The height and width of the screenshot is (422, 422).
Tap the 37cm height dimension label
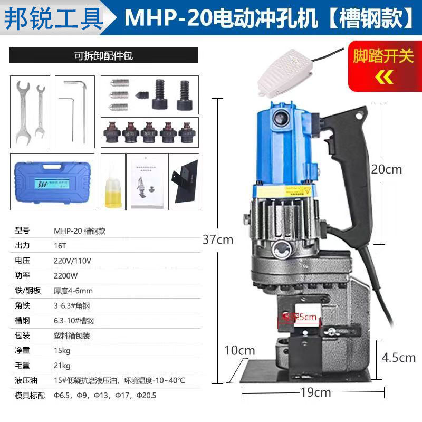[218, 239]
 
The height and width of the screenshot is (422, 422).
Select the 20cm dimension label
[387, 169]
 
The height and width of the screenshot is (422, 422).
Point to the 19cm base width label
[313, 392]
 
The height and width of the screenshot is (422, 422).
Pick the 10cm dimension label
[239, 350]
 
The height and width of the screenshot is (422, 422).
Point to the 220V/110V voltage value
[73, 260]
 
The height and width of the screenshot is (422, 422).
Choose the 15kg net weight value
[62, 350]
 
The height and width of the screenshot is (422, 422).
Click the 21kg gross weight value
[62, 365]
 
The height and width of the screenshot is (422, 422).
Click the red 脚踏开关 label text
[383, 56]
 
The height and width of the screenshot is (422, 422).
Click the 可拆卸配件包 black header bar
[103, 55]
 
